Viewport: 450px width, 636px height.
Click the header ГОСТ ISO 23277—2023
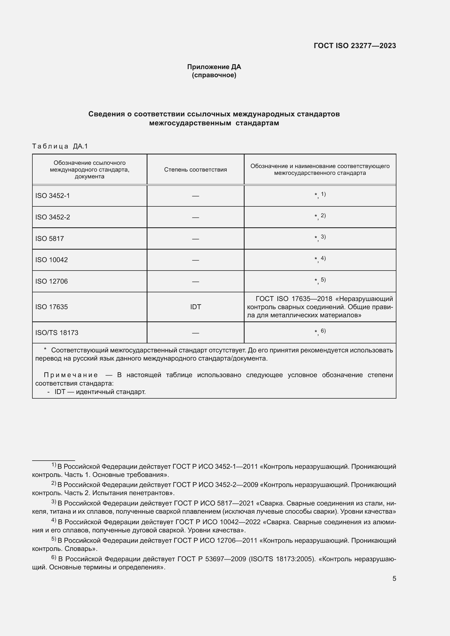coord(355,46)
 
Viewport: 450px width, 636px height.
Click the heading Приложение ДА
coord(214,67)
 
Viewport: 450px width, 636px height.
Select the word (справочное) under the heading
coord(214,75)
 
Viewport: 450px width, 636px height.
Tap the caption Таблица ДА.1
coord(60,146)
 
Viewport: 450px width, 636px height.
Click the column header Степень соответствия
coord(195,169)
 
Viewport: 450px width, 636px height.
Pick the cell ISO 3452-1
coord(53,196)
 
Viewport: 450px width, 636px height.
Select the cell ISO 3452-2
coord(53,217)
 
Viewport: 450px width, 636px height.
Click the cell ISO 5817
coord(50,238)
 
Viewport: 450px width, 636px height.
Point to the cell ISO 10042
coord(51,260)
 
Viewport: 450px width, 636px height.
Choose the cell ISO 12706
coord(51,281)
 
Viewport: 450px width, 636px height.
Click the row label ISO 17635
coord(51,307)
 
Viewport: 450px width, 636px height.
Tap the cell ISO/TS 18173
coord(57,333)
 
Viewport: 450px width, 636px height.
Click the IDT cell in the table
coord(195,307)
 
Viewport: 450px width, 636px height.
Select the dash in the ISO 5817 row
coord(195,239)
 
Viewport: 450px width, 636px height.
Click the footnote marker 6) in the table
coord(323,331)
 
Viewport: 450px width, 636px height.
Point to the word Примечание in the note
coord(71,375)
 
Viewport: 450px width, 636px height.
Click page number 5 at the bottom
coord(394,579)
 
